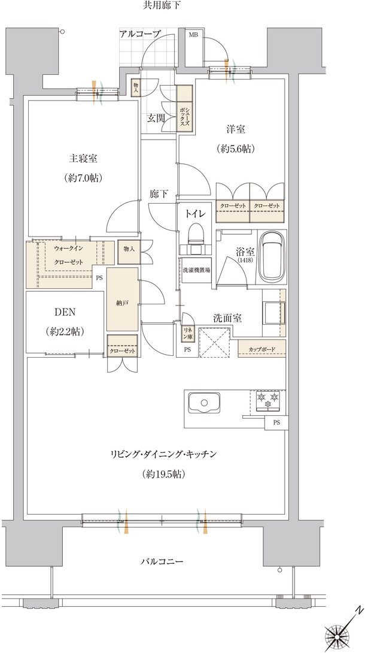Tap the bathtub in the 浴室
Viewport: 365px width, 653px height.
pos(272,256)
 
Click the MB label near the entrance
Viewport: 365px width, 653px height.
pos(194,34)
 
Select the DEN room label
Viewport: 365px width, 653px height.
pos(65,312)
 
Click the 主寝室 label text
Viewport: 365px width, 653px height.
pos(83,159)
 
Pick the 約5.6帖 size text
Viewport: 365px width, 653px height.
pos(235,149)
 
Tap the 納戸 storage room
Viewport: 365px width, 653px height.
pos(123,299)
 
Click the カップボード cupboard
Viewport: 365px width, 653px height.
pos(262,349)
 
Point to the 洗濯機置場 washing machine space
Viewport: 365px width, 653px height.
pos(196,270)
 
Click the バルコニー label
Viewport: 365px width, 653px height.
pos(162,561)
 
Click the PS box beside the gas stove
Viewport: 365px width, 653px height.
pos(276,422)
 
